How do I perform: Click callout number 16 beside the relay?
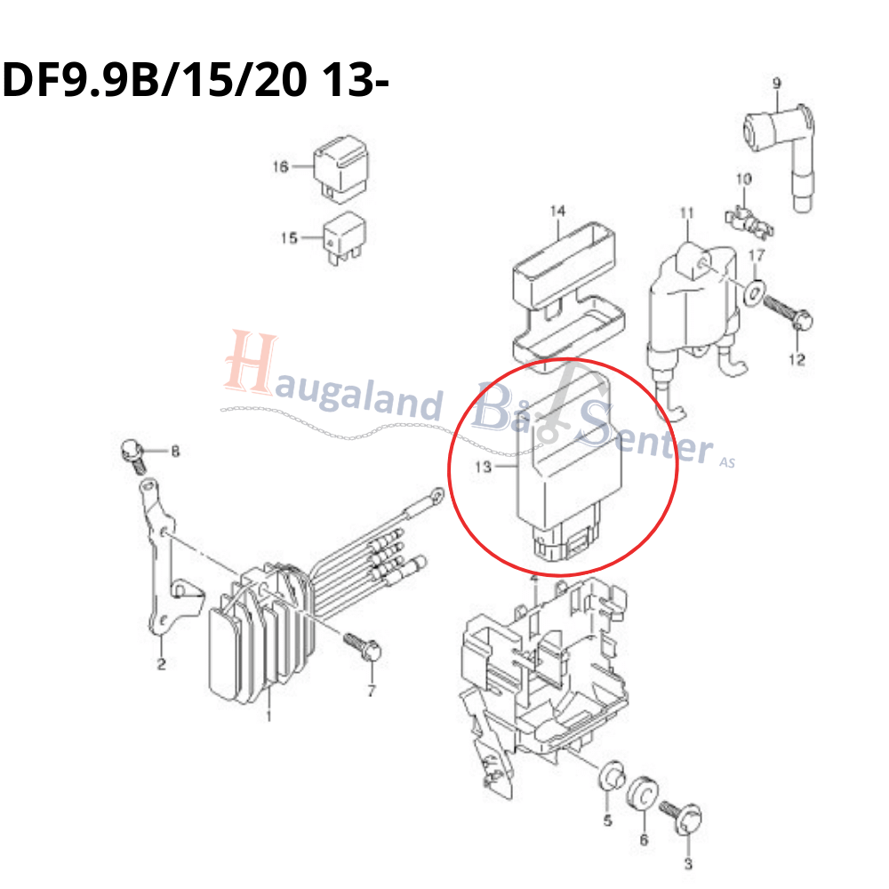pos(280,167)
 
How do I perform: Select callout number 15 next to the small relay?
pos(289,237)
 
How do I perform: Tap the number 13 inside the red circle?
pos(483,467)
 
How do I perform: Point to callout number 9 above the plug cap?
pos(777,84)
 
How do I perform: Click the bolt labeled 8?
pos(134,456)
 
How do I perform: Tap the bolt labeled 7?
pos(363,648)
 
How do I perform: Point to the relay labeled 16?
pos(340,168)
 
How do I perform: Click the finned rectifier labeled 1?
pos(260,632)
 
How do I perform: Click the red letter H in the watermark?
pos(251,363)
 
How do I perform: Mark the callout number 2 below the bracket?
pos(162,664)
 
